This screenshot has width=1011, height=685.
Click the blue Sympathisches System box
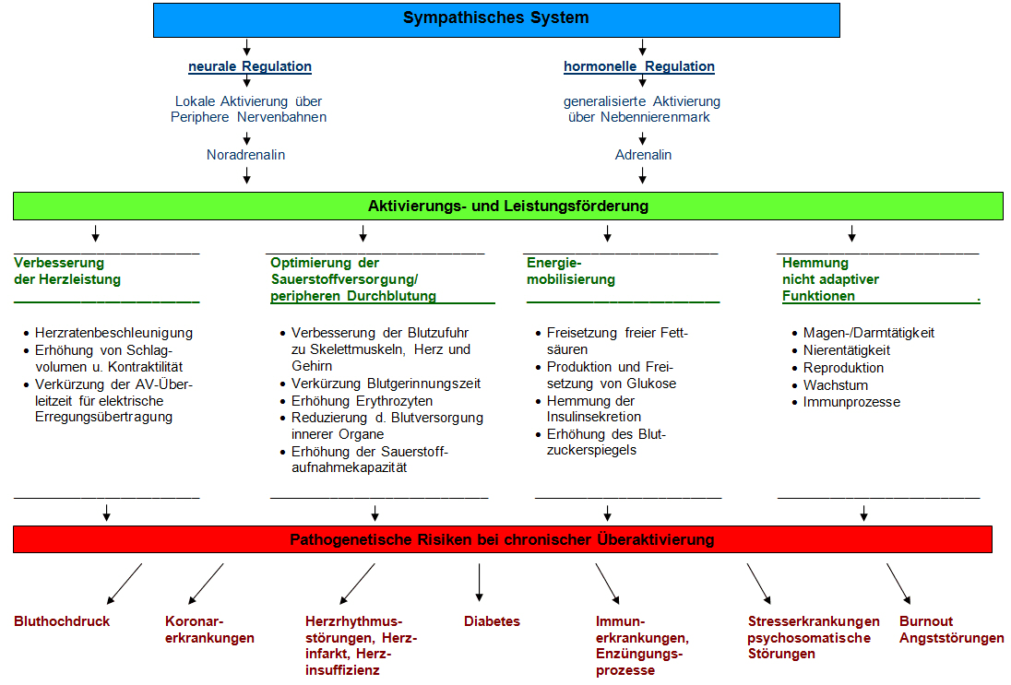[496, 19]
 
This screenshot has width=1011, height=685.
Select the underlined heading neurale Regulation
[249, 66]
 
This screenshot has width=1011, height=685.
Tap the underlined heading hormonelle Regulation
[638, 66]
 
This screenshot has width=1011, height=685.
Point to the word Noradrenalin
[246, 155]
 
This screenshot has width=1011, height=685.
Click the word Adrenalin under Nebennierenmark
[643, 155]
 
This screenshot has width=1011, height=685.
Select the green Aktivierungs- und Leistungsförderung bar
[508, 206]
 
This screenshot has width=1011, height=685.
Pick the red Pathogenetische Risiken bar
[503, 539]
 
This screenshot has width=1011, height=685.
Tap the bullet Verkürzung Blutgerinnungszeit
[386, 384]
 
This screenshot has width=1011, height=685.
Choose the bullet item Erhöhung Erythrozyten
[362, 401]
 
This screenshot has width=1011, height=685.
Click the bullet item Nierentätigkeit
[846, 350]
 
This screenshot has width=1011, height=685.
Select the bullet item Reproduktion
[843, 368]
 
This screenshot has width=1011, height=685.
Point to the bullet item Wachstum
[836, 385]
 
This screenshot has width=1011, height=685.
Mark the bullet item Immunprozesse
[851, 402]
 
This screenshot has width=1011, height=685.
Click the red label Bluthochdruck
[62, 621]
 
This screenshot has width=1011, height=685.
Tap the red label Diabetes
[492, 621]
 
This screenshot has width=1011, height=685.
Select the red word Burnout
[926, 621]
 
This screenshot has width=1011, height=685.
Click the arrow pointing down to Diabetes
[480, 583]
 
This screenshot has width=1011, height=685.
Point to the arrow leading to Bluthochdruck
[125, 583]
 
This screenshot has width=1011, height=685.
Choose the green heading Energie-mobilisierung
[570, 271]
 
